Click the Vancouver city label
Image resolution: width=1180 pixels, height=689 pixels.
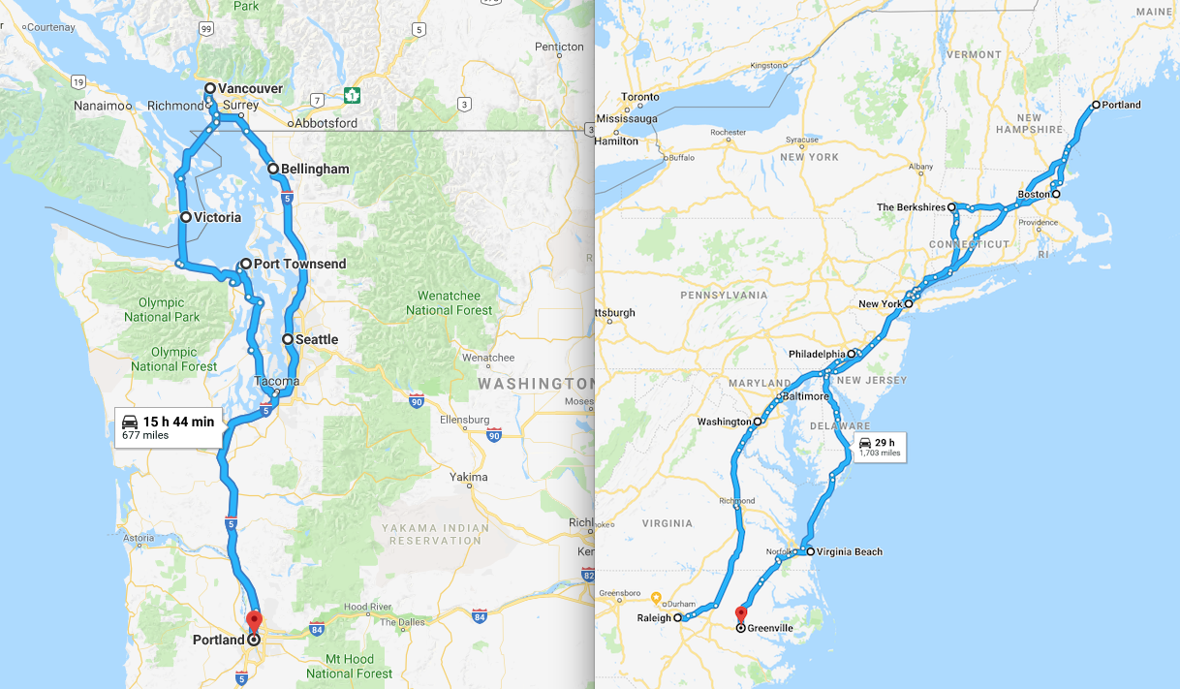click(x=250, y=88)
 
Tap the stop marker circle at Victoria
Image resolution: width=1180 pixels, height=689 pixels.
click(x=185, y=218)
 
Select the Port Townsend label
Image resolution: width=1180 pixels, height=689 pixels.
click(x=299, y=264)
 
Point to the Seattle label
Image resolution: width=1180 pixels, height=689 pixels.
click(x=317, y=339)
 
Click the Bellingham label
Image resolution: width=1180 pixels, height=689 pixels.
click(x=315, y=169)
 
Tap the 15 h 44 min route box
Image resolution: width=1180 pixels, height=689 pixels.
click(x=169, y=427)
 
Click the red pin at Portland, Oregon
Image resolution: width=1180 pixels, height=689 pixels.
click(x=254, y=620)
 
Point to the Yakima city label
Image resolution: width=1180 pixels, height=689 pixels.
click(x=469, y=477)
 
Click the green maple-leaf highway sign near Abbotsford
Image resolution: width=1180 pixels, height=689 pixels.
click(x=351, y=95)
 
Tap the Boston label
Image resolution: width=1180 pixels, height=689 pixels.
click(x=1033, y=194)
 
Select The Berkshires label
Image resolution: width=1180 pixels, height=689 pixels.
click(x=911, y=207)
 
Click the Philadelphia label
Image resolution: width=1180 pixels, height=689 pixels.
click(x=817, y=354)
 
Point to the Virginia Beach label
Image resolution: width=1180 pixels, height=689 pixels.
click(x=850, y=552)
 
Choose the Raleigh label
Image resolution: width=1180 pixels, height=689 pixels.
click(x=654, y=616)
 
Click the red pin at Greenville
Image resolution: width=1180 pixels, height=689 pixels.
click(x=741, y=613)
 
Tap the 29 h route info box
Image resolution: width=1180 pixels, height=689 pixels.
click(x=879, y=448)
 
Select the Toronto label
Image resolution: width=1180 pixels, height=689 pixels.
click(x=640, y=97)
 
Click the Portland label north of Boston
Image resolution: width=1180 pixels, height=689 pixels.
click(x=1122, y=105)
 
